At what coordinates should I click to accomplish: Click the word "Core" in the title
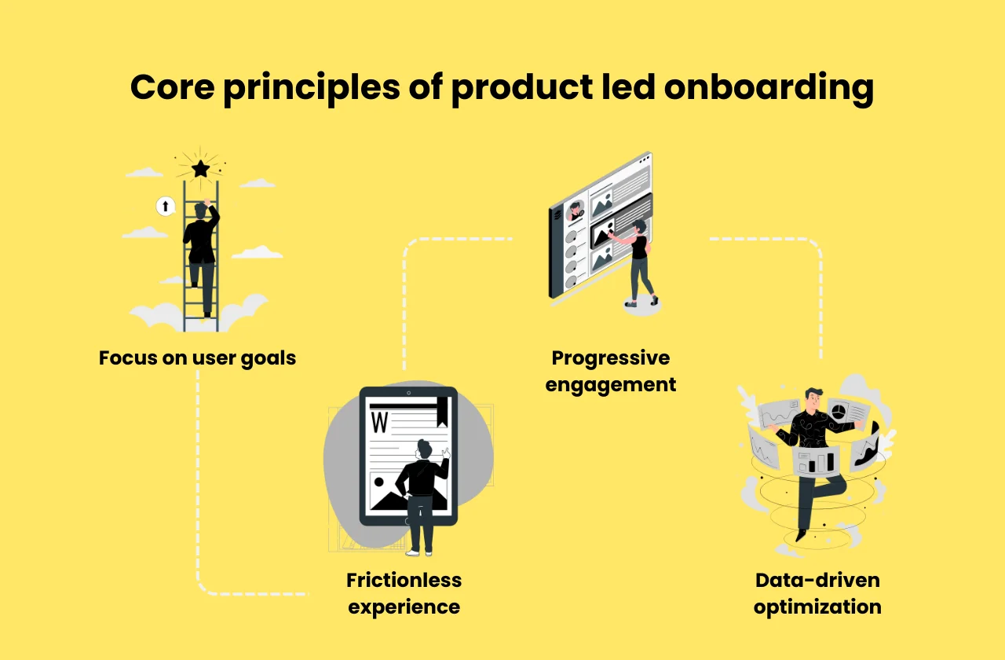(171, 87)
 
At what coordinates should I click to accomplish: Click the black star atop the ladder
(201, 168)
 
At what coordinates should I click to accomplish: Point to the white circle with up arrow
(165, 207)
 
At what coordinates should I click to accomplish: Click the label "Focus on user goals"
(197, 358)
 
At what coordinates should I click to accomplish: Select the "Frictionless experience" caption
(404, 594)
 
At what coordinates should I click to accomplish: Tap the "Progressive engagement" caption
(610, 372)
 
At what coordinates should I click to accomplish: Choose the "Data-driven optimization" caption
(817, 594)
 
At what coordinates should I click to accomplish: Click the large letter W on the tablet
(380, 423)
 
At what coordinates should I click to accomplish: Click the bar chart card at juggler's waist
(817, 461)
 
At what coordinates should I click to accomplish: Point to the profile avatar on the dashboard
(576, 210)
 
